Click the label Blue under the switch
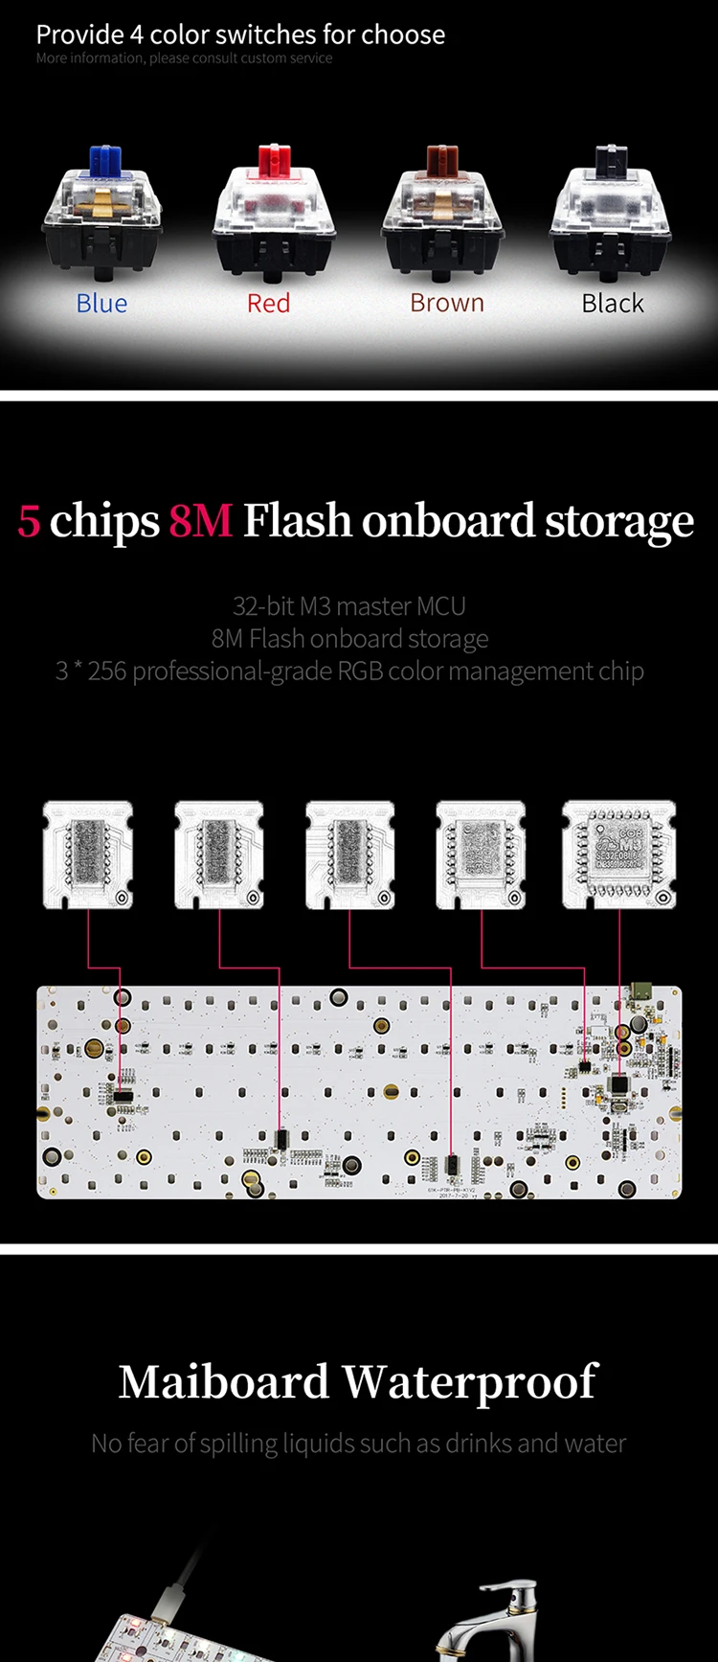coord(101,304)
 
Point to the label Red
coord(268,304)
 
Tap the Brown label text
coord(447,304)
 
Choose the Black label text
coord(613,304)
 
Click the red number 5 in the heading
coord(29,521)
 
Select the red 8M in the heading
coord(201,521)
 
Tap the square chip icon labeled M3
coord(619,854)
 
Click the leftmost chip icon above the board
coord(88,854)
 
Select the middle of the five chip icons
coord(349,854)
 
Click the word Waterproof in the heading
coord(470,1382)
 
